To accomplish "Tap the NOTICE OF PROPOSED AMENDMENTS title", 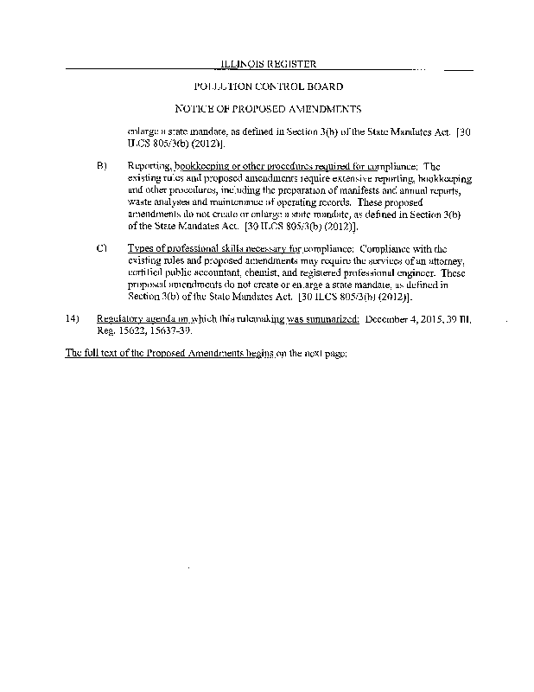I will click(x=268, y=109).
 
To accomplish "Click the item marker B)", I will click(x=101, y=166).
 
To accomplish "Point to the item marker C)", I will click(x=101, y=249).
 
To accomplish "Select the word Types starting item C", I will click(x=141, y=249).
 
